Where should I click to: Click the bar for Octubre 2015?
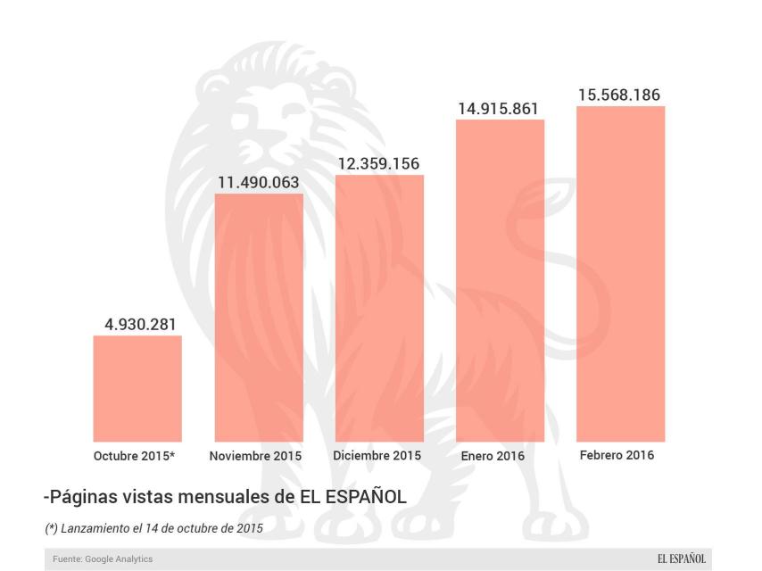(137, 388)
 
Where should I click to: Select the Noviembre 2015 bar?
(259, 317)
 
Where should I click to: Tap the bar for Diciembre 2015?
(379, 308)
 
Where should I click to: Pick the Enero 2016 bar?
(500, 280)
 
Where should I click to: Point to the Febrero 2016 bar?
(621, 274)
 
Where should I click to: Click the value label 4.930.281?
(140, 325)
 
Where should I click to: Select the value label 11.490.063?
(259, 183)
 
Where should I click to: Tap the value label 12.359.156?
(378, 164)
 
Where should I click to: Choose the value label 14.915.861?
(499, 109)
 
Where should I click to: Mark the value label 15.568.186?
(619, 95)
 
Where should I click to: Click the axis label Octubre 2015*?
(134, 456)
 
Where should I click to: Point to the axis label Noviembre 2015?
(255, 456)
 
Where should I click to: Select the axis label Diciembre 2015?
(377, 455)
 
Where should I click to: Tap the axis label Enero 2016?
(493, 456)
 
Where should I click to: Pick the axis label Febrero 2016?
(617, 455)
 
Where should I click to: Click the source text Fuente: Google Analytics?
(103, 559)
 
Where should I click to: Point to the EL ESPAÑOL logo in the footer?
(682, 559)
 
